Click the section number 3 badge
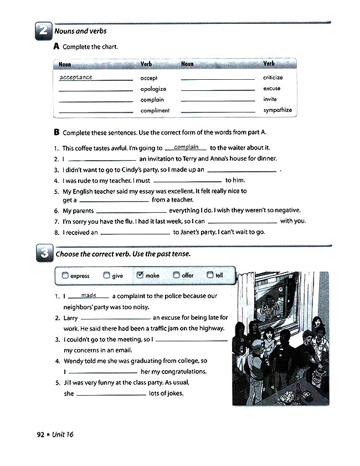click(44, 254)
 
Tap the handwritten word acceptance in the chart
click(76, 78)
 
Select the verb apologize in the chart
click(153, 89)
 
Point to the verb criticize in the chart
click(273, 78)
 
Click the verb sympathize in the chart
click(277, 110)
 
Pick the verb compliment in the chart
click(155, 110)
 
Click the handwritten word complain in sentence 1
click(186, 147)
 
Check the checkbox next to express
click(65, 275)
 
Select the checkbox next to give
click(106, 275)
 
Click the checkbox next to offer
click(176, 275)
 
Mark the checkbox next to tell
click(210, 275)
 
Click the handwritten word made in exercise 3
click(89, 295)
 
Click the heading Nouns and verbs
click(81, 32)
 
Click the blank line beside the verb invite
click(218, 101)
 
